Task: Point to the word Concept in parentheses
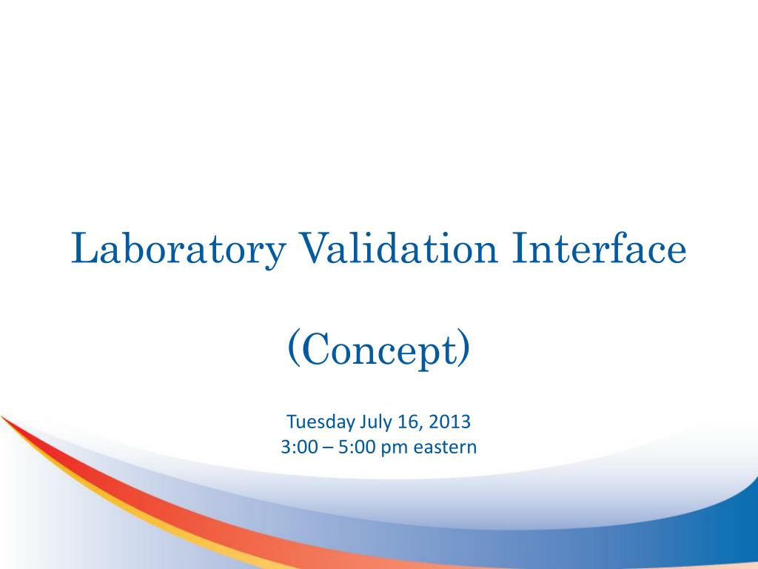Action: [378, 351]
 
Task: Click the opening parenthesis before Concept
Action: [292, 350]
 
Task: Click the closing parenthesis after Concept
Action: [463, 350]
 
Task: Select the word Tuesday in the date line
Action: [321, 422]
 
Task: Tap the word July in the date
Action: [375, 422]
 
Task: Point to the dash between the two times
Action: [327, 447]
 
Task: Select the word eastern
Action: [440, 447]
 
